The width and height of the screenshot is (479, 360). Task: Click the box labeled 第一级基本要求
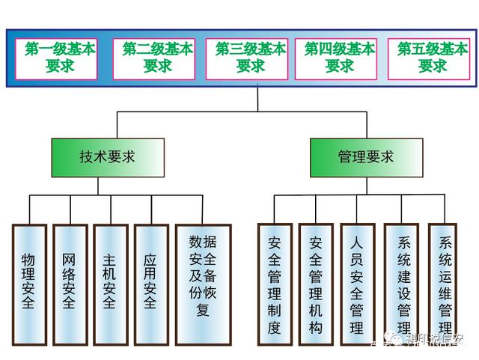(x=61, y=58)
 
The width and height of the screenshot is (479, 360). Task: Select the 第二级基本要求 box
(x=157, y=58)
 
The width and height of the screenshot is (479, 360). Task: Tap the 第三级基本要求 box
(x=250, y=58)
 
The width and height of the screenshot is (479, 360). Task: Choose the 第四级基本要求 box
(x=340, y=58)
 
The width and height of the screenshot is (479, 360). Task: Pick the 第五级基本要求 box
(x=433, y=58)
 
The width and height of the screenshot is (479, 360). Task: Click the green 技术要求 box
(x=107, y=157)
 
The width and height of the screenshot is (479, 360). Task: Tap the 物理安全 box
(x=29, y=282)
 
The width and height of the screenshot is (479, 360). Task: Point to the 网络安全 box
(x=70, y=282)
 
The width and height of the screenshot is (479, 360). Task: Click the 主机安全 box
(x=110, y=282)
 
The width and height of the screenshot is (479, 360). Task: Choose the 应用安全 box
(x=150, y=282)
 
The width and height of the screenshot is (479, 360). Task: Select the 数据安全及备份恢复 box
(x=203, y=277)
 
